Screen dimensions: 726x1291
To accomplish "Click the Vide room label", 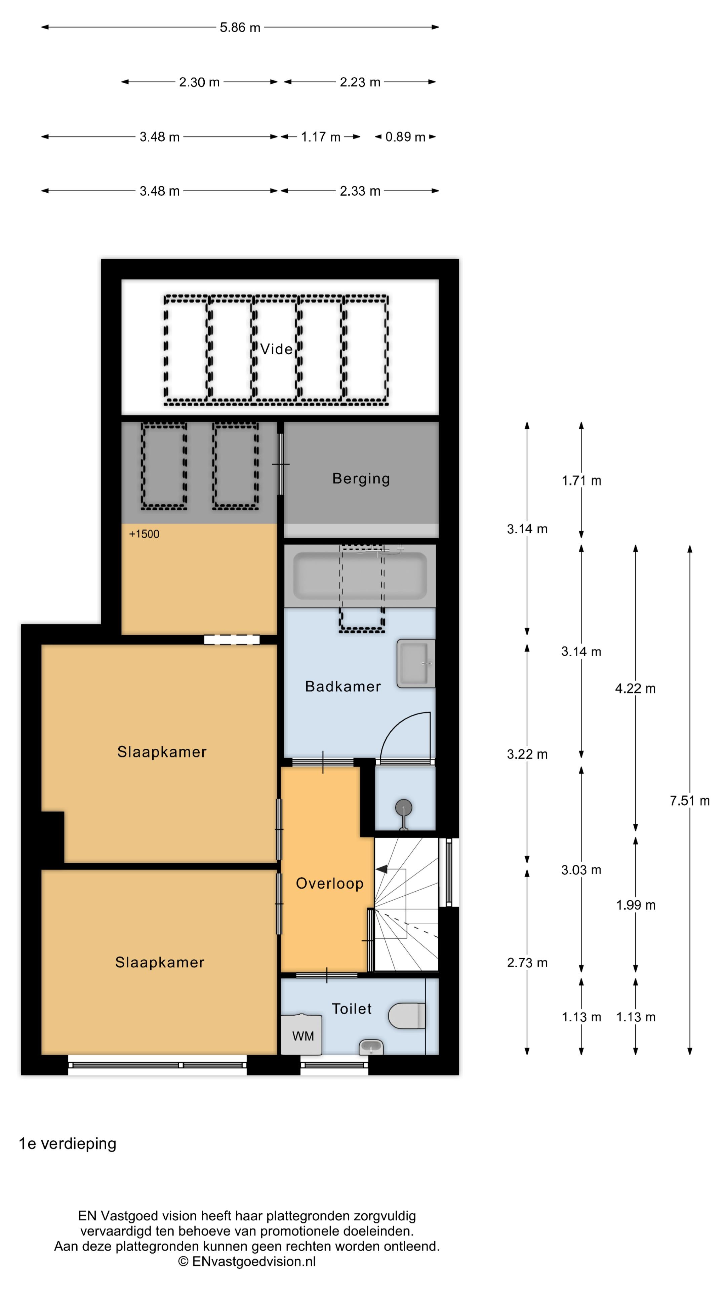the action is coord(276,349).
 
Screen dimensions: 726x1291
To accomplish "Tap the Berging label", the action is coord(361,479).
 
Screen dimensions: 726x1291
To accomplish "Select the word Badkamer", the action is coord(343,686).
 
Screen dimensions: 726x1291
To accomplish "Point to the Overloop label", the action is coord(330,883).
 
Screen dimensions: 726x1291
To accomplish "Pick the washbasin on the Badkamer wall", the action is coord(416,663).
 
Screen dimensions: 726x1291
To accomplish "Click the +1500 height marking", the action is coord(144,534).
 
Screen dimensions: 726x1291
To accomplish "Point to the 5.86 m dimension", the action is coord(240,28).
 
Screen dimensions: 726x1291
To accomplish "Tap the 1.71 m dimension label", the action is coord(581,481).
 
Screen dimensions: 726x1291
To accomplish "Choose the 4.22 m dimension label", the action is coord(635,688).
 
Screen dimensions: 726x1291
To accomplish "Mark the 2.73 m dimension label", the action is coord(527,962).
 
